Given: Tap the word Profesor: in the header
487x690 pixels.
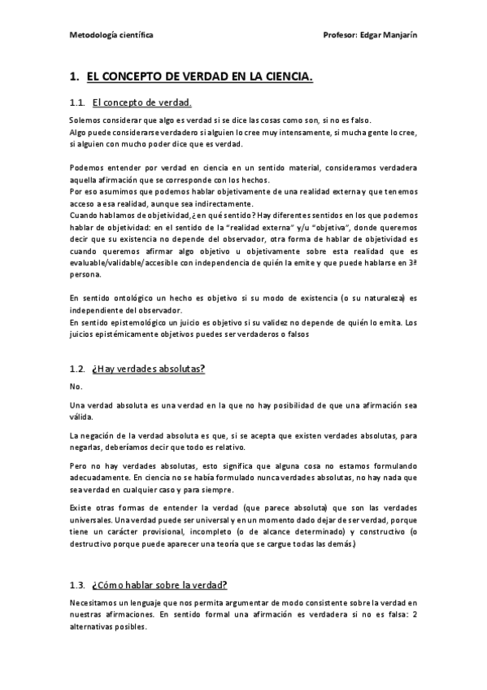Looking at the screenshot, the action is [x=339, y=36].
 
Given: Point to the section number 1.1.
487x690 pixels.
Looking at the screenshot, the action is [x=77, y=103].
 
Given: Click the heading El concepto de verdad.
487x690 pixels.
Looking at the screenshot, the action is [x=141, y=103].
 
